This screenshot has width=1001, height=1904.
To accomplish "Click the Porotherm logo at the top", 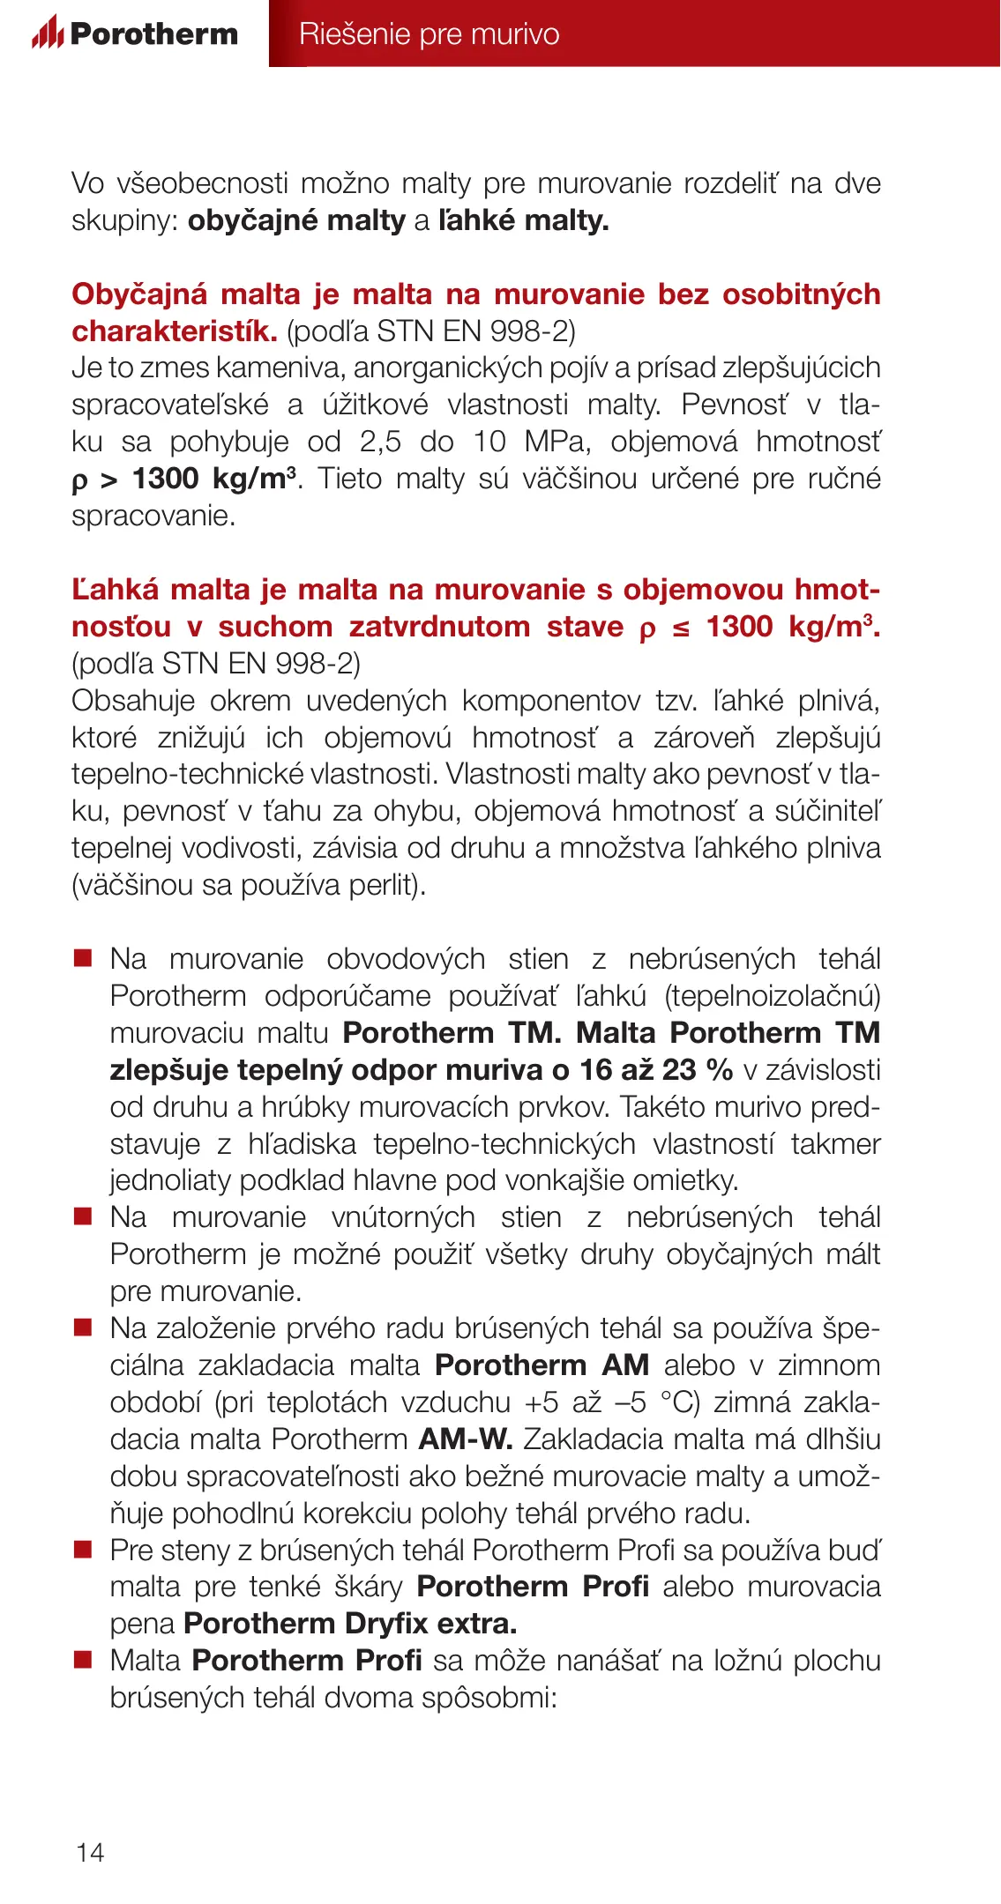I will (135, 33).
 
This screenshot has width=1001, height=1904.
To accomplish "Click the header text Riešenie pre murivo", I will (429, 33).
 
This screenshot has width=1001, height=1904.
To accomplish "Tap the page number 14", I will (90, 1852).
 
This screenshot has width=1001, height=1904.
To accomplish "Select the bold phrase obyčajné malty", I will (296, 220).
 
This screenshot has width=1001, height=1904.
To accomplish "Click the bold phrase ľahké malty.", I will (523, 220).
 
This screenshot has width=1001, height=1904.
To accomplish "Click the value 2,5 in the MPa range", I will (380, 442).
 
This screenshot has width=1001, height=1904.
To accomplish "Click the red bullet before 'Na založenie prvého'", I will (83, 1328).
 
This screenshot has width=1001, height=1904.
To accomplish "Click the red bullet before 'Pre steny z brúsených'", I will (83, 1550).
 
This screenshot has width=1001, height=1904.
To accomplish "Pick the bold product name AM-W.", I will (466, 1439).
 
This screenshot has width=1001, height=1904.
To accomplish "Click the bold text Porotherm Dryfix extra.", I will (350, 1624).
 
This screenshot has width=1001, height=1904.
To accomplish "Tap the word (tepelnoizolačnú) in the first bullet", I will (773, 996).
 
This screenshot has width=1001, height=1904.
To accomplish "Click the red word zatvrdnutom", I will (439, 627).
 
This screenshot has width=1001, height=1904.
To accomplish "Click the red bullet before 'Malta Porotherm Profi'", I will (83, 1661).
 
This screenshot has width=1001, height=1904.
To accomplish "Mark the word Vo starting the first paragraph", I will (87, 183).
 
